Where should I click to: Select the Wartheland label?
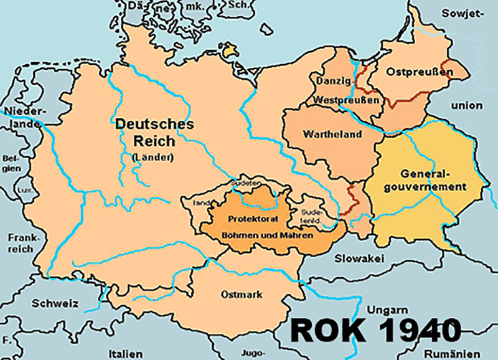point(323,134)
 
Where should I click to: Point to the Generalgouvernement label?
point(425,180)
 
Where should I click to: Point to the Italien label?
point(124,351)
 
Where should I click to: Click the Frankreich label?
point(22,244)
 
